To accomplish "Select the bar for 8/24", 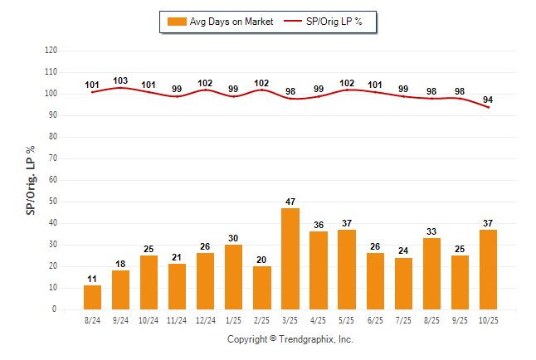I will (x=93, y=297).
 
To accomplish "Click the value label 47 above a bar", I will (x=290, y=202).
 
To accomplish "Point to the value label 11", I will (x=93, y=280).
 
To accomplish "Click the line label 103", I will (x=120, y=81).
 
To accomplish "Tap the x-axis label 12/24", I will (x=206, y=318).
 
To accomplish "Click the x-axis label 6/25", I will (x=375, y=318).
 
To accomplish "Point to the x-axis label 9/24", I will (x=121, y=318).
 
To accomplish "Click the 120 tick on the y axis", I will (x=51, y=51).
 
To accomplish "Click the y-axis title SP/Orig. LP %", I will (x=31, y=179).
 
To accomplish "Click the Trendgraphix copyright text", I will (x=290, y=339).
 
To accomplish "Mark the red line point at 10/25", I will (x=488, y=107).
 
